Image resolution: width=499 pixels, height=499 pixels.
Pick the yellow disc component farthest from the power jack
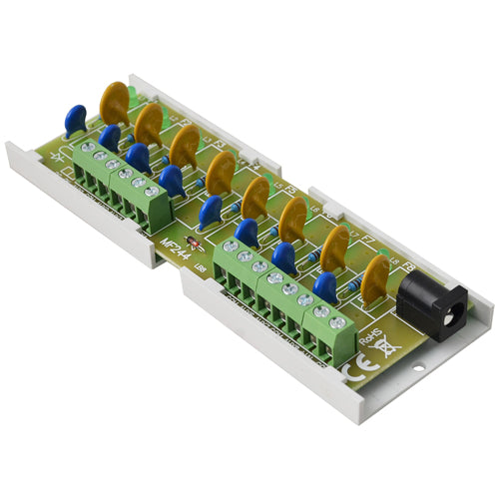(x=115, y=100)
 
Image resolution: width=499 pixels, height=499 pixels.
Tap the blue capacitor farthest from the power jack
(x=76, y=120)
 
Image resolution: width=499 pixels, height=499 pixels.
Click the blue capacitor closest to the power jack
(x=325, y=287)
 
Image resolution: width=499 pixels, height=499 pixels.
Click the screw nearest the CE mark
(x=337, y=322)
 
